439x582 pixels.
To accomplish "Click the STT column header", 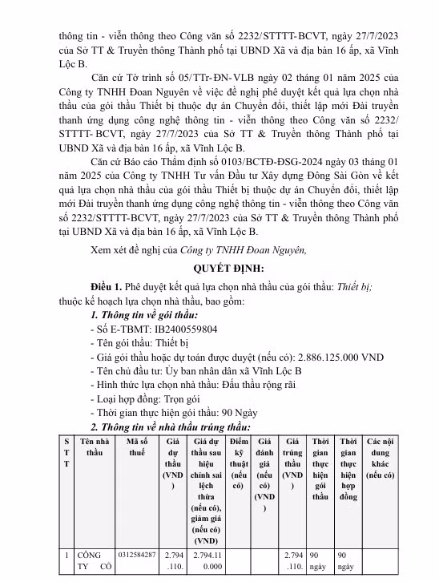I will pyautogui.click(x=66, y=453).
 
